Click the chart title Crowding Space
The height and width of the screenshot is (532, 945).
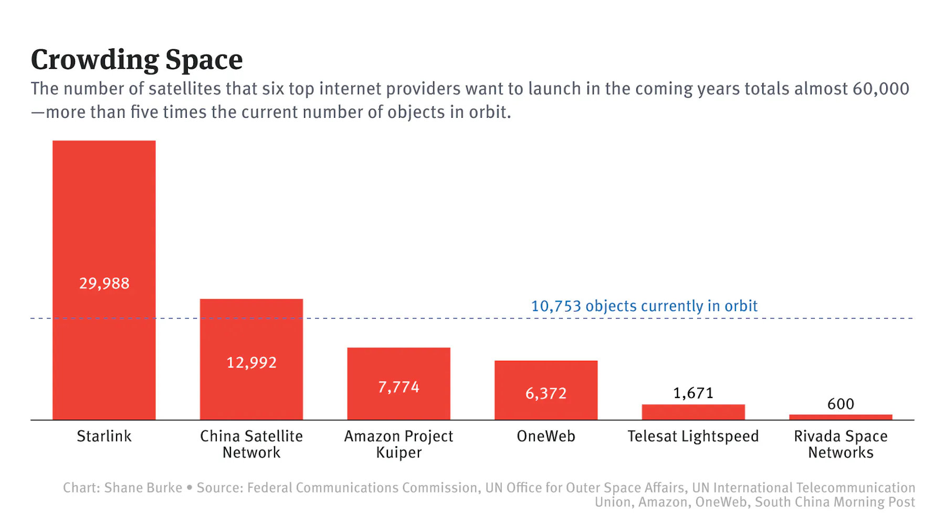[136, 59]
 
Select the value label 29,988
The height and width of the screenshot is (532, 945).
[104, 284]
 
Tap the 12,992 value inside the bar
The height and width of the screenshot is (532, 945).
[251, 363]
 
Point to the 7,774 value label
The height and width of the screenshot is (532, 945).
[398, 387]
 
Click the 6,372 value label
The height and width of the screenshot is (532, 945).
[546, 394]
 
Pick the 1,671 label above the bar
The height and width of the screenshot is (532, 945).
[693, 393]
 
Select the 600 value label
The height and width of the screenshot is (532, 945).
[841, 404]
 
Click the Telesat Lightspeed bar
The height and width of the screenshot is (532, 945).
[693, 412]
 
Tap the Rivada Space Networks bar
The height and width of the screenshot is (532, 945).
[841, 417]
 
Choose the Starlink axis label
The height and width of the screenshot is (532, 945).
[104, 436]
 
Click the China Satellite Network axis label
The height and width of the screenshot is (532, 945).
[251, 444]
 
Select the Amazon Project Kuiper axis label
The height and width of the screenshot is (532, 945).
[398, 444]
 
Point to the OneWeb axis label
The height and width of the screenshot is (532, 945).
[546, 436]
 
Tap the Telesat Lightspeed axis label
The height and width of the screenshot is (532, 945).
[693, 436]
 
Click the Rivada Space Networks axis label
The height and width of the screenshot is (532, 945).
[841, 444]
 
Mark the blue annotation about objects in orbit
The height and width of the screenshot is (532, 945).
[644, 306]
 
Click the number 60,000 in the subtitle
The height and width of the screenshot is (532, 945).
[880, 89]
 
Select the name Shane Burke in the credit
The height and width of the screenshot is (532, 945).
[143, 488]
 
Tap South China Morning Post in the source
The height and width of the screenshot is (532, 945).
[835, 502]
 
